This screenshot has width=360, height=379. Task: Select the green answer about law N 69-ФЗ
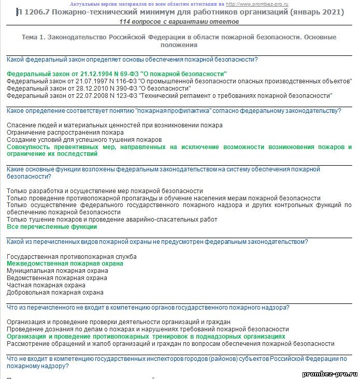tap(117, 74)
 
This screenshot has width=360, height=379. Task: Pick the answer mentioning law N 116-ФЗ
tap(179, 81)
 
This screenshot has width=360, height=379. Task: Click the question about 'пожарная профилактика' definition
tap(174, 111)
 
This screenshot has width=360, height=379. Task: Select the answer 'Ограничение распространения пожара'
tap(65, 133)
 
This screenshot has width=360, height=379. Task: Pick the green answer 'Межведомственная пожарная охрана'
tap(65, 264)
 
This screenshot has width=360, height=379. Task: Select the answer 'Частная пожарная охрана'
tap(46, 285)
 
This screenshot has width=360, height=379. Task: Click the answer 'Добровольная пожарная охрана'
tap(55, 293)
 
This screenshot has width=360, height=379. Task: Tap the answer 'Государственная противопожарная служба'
tap(71, 256)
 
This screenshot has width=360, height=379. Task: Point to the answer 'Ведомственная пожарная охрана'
tap(57, 278)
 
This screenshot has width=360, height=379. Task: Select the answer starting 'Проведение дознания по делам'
tap(148, 329)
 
